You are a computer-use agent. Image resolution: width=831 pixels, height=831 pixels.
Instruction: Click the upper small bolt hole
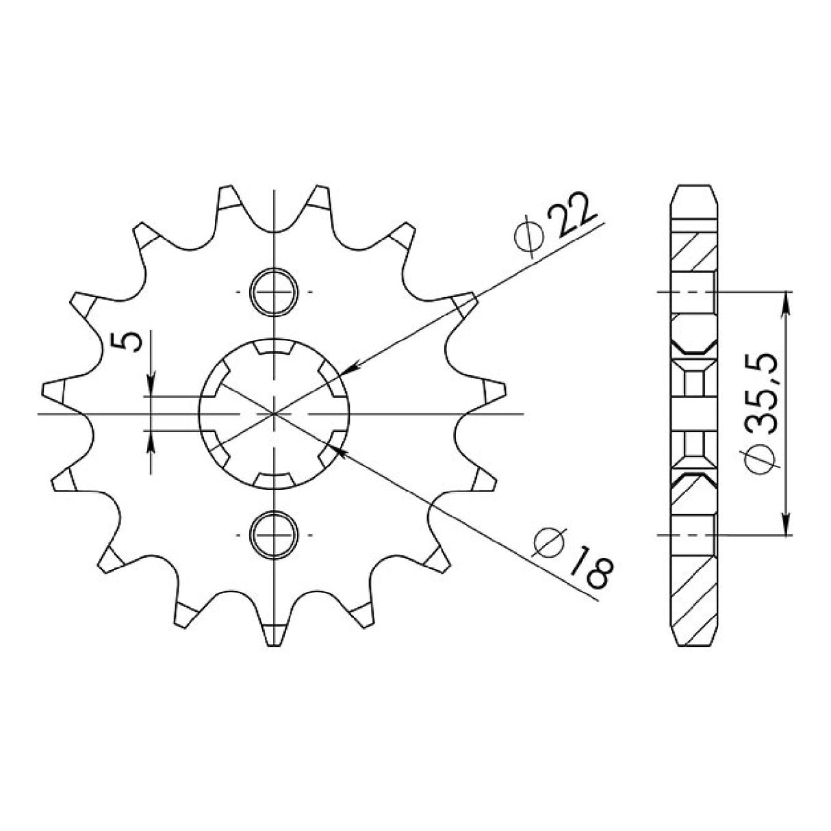tap(274, 292)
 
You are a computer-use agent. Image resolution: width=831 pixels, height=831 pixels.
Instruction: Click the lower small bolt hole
tap(274, 535)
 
